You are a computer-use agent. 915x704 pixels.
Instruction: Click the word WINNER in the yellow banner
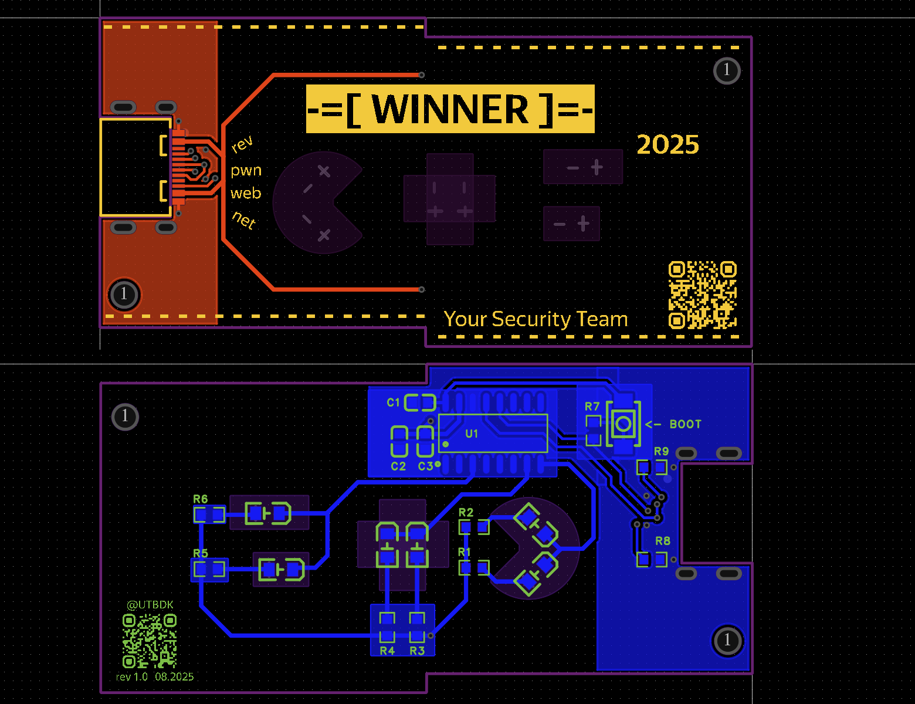click(x=450, y=109)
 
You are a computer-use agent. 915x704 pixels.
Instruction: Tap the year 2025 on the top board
click(x=667, y=145)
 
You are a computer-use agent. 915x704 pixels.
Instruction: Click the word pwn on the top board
click(x=246, y=171)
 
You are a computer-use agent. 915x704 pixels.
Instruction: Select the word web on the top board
click(x=246, y=193)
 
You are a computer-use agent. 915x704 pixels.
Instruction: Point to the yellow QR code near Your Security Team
click(x=702, y=295)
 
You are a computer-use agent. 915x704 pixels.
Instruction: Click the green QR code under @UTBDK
click(x=150, y=641)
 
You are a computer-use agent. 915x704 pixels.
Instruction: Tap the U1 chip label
click(x=472, y=434)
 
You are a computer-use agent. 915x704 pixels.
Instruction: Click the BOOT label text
click(x=686, y=424)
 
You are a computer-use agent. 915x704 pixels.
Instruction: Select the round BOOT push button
click(x=623, y=424)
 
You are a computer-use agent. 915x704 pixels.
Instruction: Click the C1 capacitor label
click(x=393, y=402)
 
